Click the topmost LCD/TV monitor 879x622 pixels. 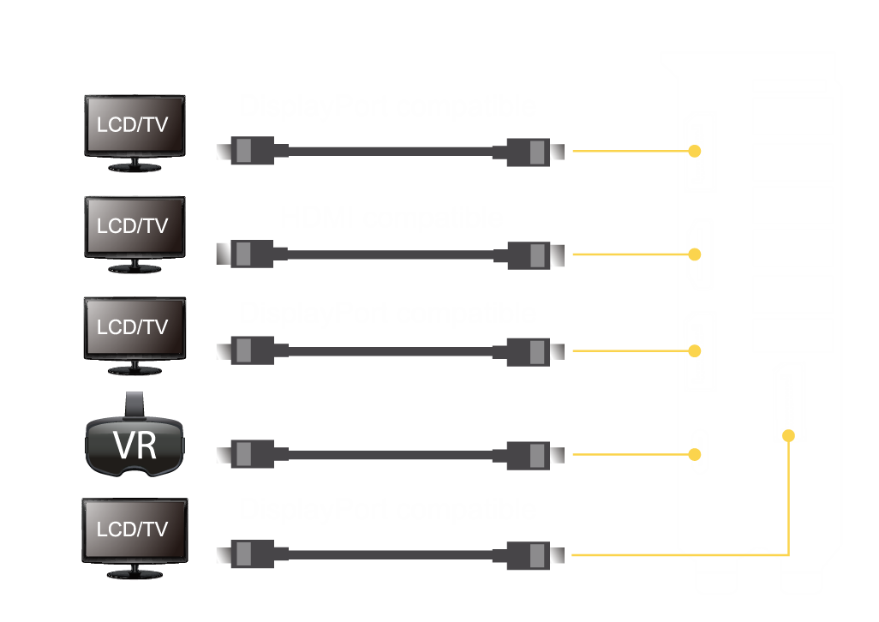135,125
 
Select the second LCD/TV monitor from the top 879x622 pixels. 134,226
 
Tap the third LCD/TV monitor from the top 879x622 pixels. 134,327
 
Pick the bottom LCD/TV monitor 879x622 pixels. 134,529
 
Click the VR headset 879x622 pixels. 135,446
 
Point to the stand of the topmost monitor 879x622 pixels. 134,166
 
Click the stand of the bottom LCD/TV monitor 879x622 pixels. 134,571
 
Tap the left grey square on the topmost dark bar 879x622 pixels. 243,151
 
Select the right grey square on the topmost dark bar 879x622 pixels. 537,152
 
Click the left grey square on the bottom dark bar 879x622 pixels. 243,554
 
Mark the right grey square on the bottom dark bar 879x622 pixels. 537,556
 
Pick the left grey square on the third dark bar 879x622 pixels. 243,350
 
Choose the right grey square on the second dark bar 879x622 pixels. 537,254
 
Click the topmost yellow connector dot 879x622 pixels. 694,151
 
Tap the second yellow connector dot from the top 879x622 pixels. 694,254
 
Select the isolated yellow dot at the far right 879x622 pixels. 789,436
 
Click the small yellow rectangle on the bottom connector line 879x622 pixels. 759,563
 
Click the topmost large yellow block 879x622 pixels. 624,195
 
